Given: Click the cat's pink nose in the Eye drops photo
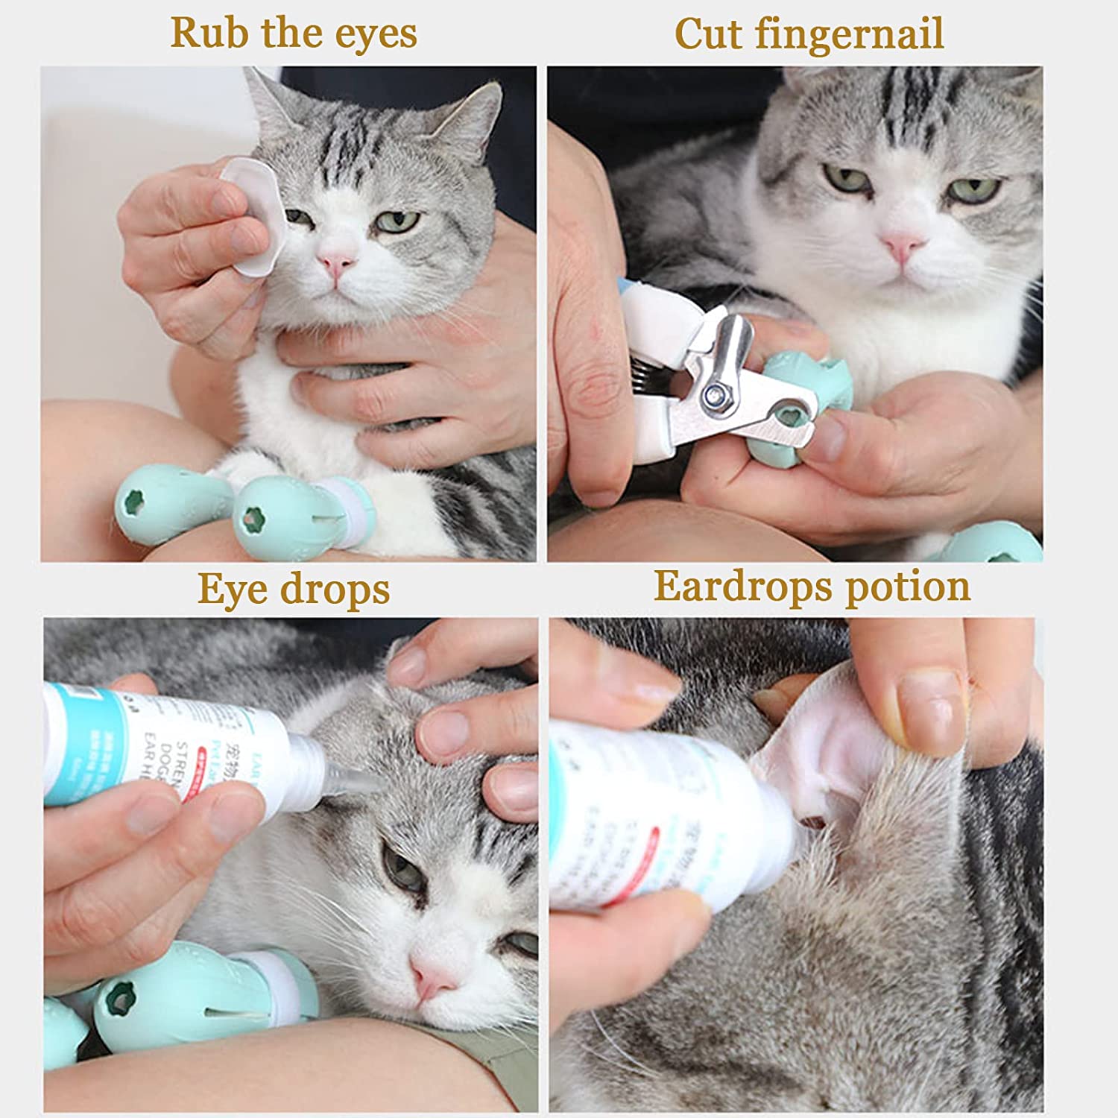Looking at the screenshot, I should [433, 976].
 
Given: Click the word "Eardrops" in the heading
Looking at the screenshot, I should [745, 586].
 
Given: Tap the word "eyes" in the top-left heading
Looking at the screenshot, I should [376, 34].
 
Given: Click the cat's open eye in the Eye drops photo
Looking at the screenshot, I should [403, 868].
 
